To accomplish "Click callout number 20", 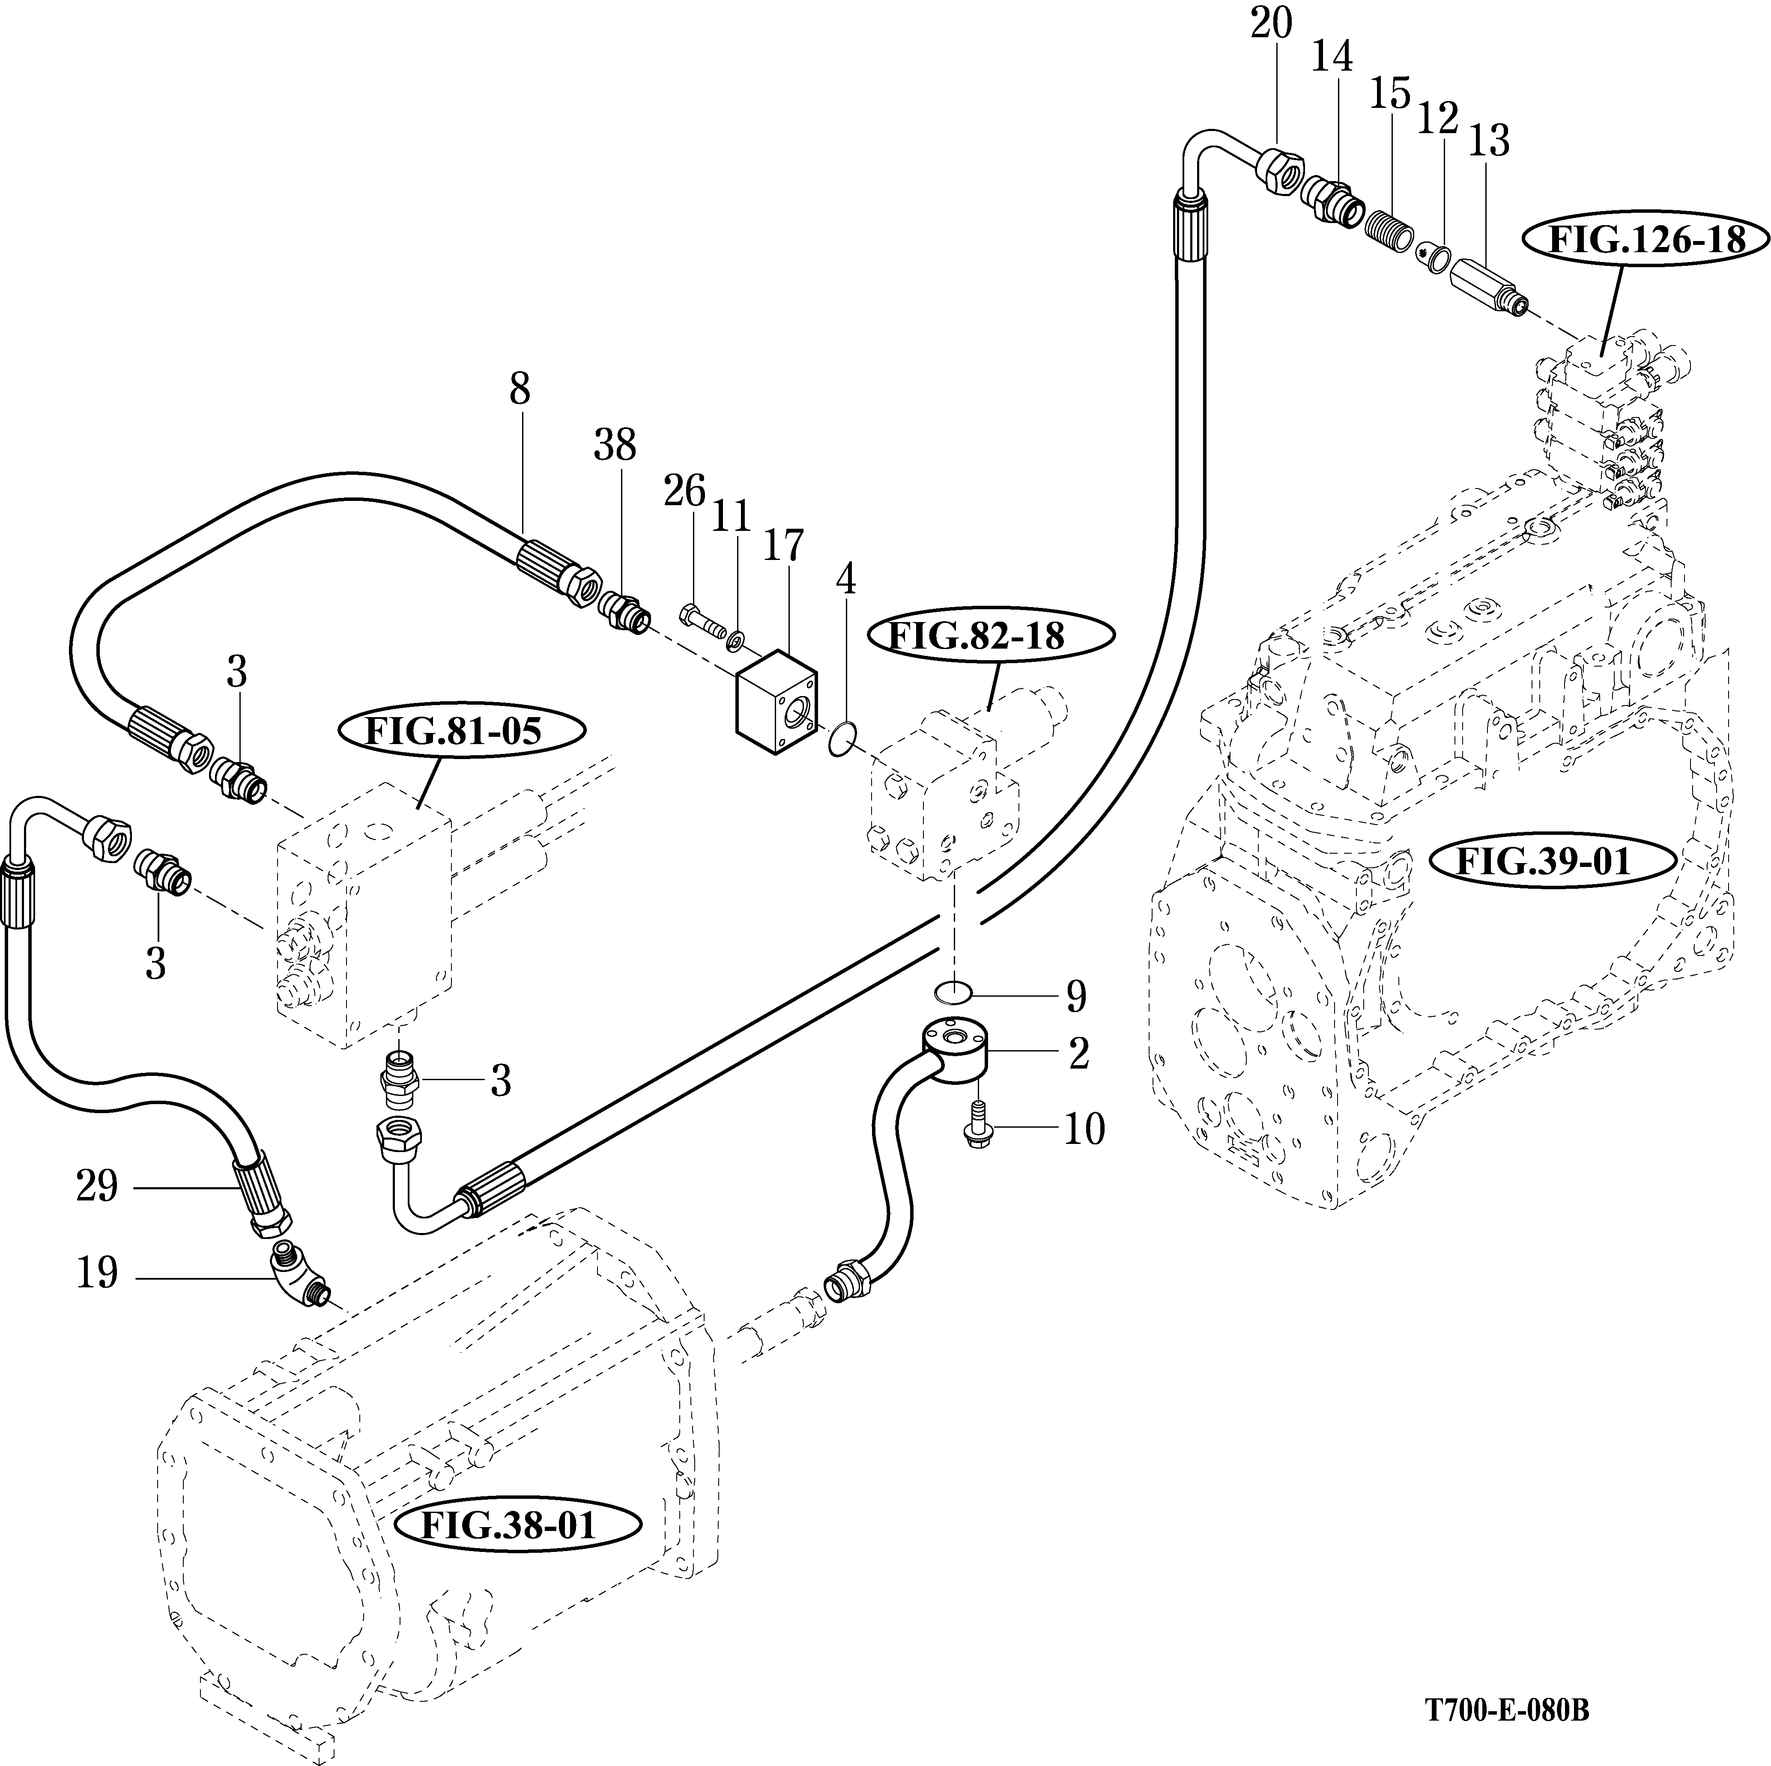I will tap(1272, 25).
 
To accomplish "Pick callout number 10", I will tap(1084, 1130).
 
